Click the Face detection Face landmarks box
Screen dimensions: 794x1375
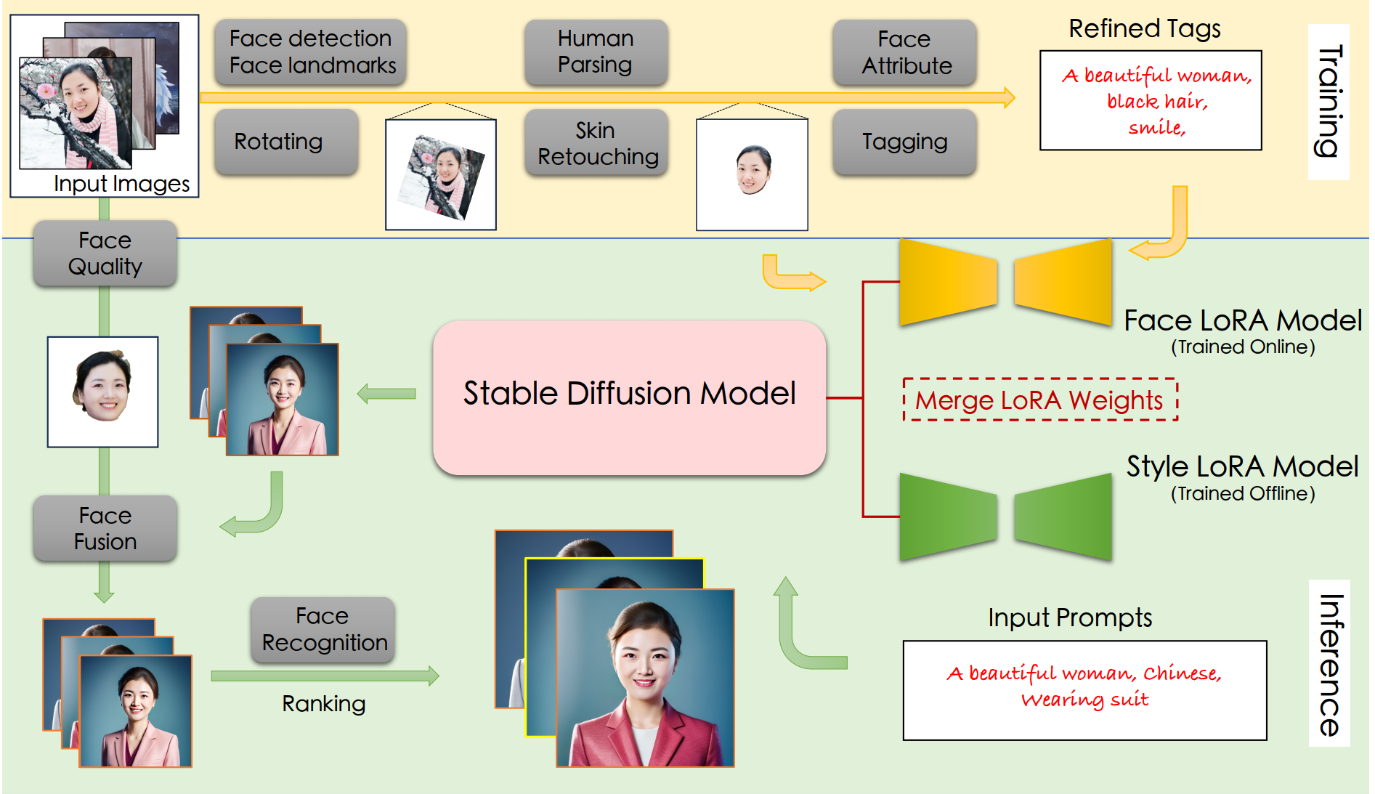(311, 52)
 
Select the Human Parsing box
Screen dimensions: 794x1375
(596, 52)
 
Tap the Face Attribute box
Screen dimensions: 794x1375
(904, 52)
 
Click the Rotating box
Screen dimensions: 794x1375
(286, 142)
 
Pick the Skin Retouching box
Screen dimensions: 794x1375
(596, 143)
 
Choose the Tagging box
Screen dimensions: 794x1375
(904, 142)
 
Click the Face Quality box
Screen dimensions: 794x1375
(105, 254)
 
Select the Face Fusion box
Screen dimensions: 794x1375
(105, 528)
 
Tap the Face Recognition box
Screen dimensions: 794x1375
(323, 629)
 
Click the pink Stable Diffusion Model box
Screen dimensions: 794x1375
(629, 397)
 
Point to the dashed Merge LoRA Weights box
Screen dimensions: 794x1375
(1039, 400)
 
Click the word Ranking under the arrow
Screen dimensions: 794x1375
(323, 703)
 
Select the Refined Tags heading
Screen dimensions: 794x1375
(1144, 29)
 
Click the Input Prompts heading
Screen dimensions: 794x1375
(1069, 617)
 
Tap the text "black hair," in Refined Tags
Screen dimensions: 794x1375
(1156, 102)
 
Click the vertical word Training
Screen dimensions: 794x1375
(1329, 101)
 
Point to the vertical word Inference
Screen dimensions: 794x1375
(1329, 664)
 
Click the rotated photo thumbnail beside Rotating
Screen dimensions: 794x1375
(441, 176)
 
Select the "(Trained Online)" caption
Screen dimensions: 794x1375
(1242, 347)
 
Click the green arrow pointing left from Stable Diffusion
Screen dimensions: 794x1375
(386, 394)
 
